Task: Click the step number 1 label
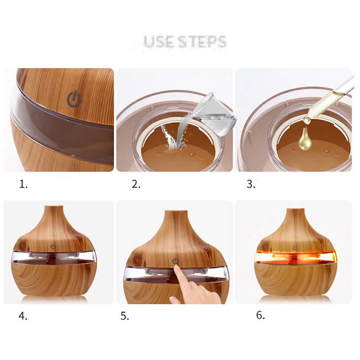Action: coord(23,184)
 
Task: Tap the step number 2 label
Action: coord(136,184)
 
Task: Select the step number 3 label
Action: coord(251,184)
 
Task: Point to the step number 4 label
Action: coord(23,316)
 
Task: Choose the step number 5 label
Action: coord(125,316)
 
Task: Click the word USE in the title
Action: coord(158,41)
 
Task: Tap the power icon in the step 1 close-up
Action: coord(74,99)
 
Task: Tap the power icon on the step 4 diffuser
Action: coord(53,247)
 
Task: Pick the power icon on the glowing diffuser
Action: coord(295,248)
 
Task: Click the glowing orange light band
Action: coord(295,257)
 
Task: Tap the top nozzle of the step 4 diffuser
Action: coord(54,208)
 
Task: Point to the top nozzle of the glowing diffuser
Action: coord(296,211)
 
